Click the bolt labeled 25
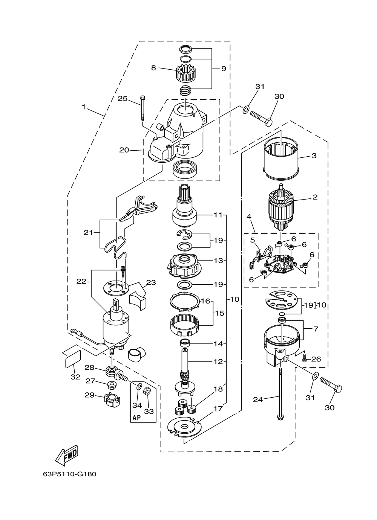click(142, 108)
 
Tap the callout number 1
click(84, 107)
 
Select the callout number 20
click(124, 150)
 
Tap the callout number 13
click(218, 261)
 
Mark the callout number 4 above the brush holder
click(249, 217)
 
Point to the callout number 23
click(151, 282)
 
